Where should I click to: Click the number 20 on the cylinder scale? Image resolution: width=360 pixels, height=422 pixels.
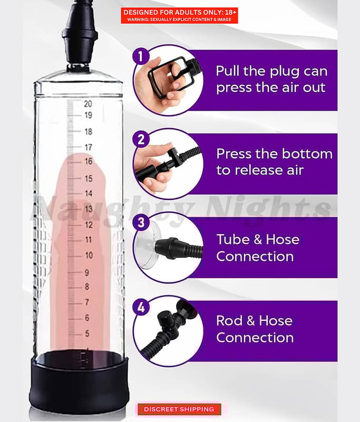click(88, 103)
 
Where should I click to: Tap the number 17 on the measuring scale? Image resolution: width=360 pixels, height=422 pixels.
click(89, 147)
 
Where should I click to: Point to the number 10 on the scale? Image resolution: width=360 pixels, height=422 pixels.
click(89, 255)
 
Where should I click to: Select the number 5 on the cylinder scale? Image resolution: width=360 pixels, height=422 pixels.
click(87, 333)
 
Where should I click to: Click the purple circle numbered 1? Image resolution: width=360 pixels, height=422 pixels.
click(141, 56)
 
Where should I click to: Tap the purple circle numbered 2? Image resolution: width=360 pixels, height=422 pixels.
click(141, 140)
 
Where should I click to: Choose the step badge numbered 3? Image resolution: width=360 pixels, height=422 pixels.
click(141, 223)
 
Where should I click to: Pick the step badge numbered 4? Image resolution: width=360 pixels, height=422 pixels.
click(141, 307)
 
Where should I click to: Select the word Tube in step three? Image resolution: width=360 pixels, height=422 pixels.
click(231, 239)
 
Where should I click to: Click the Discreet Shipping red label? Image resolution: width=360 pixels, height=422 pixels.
click(179, 409)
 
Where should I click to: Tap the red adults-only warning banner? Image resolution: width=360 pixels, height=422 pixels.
click(179, 16)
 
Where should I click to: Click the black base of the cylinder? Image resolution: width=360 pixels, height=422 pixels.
click(79, 382)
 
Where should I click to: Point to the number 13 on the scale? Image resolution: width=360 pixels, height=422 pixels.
click(89, 209)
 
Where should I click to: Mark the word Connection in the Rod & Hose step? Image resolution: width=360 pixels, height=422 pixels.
click(255, 338)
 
